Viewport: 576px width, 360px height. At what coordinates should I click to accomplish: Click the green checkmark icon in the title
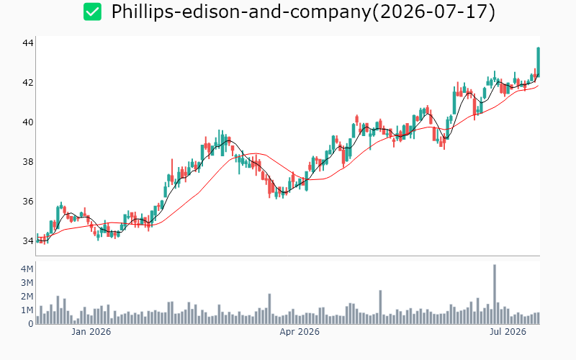[92, 12]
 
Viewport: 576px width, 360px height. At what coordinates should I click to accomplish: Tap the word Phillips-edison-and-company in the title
[241, 12]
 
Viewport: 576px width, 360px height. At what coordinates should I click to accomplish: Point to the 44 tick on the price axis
[28, 43]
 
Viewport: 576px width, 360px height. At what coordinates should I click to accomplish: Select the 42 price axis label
[28, 83]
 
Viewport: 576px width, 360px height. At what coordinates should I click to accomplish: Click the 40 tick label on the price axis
[28, 122]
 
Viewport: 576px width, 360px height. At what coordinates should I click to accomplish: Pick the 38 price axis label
[28, 161]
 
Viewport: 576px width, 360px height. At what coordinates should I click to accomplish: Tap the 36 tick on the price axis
[28, 202]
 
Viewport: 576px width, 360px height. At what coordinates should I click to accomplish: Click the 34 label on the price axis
[28, 241]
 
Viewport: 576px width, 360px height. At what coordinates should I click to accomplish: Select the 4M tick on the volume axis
[27, 269]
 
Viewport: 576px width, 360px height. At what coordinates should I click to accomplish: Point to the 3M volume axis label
[27, 283]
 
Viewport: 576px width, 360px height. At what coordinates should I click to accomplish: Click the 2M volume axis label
[27, 297]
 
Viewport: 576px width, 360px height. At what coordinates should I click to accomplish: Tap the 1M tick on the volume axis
[27, 310]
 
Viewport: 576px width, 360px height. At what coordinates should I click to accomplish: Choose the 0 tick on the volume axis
[31, 324]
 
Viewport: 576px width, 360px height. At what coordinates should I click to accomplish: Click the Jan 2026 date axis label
[91, 332]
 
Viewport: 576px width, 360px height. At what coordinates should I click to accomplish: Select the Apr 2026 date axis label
[300, 332]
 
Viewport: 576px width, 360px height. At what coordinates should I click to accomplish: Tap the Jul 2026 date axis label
[508, 332]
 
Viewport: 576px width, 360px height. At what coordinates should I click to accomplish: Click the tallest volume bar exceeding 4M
[495, 294]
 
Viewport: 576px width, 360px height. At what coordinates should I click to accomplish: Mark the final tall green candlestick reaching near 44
[538, 62]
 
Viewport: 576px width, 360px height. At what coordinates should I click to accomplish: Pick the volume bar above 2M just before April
[269, 309]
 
